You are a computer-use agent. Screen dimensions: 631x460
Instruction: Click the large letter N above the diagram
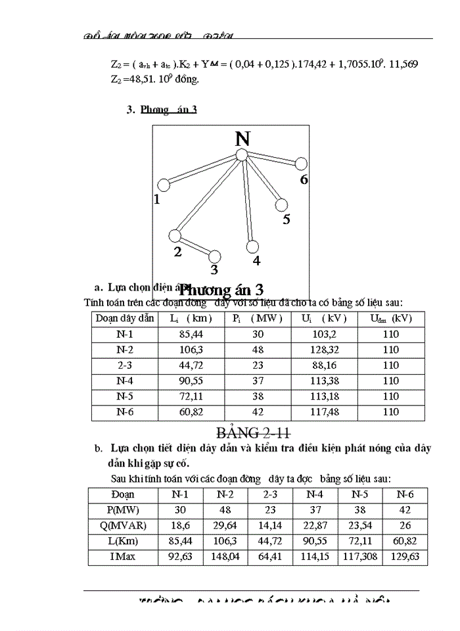click(242, 139)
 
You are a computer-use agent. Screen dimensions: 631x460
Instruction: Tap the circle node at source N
click(241, 155)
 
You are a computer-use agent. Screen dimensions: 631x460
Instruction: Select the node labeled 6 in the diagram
click(301, 164)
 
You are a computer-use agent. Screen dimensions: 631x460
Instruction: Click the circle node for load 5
click(281, 204)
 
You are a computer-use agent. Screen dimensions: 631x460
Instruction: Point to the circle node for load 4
click(252, 246)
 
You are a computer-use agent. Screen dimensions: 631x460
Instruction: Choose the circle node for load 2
click(175, 235)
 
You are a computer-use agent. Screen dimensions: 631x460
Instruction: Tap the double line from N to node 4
click(246, 200)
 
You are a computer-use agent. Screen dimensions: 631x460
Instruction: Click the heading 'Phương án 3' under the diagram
click(222, 289)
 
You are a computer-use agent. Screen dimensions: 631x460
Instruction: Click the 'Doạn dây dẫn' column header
click(125, 318)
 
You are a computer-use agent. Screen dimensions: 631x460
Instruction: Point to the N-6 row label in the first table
click(125, 413)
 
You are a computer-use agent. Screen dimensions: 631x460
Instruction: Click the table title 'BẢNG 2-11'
click(254, 432)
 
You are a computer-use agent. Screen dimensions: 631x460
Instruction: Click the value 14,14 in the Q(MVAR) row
click(269, 526)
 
